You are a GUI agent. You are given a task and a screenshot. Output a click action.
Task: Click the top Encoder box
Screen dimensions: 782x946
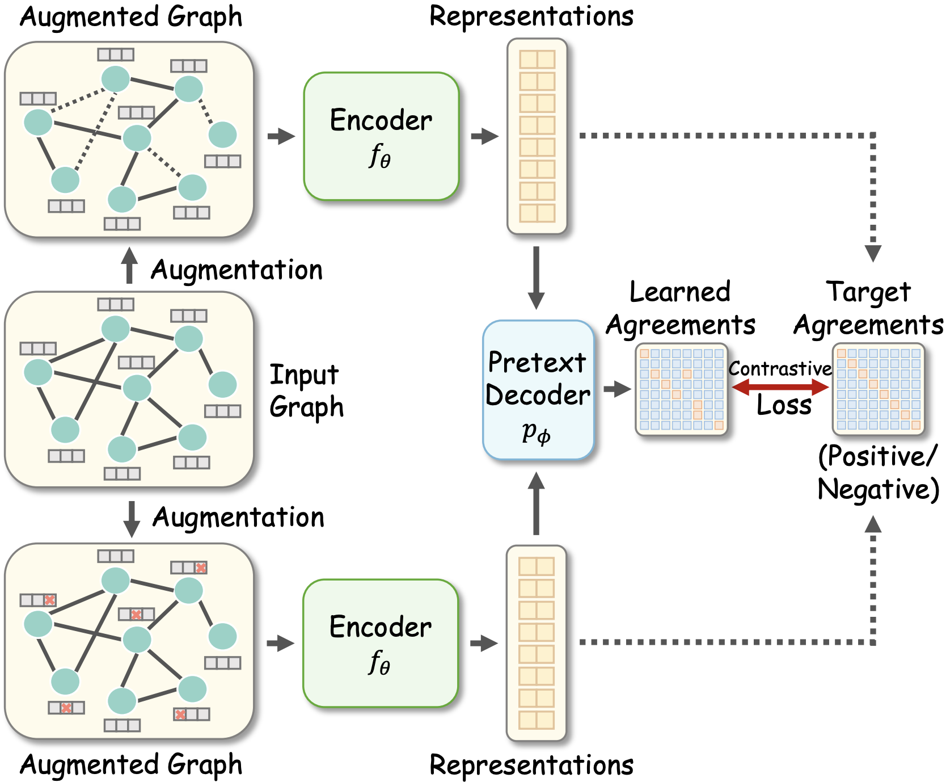(x=381, y=136)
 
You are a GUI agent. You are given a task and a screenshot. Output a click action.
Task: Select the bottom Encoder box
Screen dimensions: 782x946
(x=380, y=643)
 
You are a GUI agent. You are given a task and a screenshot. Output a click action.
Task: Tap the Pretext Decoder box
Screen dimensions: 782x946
(x=538, y=390)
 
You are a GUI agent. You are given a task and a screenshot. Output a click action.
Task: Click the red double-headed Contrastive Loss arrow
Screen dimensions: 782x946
(x=780, y=388)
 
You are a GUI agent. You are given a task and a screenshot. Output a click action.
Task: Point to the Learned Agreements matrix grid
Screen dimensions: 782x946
(x=681, y=389)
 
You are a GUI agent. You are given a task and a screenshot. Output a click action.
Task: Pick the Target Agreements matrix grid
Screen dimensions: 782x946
(x=878, y=389)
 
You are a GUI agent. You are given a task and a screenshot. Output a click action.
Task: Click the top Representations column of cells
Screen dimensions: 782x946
(x=537, y=136)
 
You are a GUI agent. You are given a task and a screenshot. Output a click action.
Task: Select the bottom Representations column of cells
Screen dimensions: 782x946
(x=536, y=643)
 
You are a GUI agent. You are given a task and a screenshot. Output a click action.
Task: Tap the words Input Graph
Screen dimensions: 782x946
(x=306, y=391)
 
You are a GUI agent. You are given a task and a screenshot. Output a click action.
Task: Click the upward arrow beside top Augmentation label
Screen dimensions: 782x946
(x=130, y=265)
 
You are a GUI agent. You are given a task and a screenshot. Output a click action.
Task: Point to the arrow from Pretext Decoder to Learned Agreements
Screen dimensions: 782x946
(x=618, y=389)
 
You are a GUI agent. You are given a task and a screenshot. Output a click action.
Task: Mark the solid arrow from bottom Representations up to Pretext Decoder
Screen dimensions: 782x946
(x=536, y=503)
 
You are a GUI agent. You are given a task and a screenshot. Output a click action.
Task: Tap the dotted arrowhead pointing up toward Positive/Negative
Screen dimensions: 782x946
(x=873, y=525)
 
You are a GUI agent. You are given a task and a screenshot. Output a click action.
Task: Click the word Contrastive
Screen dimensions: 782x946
(x=780, y=369)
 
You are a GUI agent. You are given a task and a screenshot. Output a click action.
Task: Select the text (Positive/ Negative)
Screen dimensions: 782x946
(x=878, y=472)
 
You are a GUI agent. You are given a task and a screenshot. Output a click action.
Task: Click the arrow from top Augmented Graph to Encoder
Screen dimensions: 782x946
(x=281, y=136)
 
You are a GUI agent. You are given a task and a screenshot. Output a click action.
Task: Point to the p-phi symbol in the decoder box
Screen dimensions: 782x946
(x=536, y=433)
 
